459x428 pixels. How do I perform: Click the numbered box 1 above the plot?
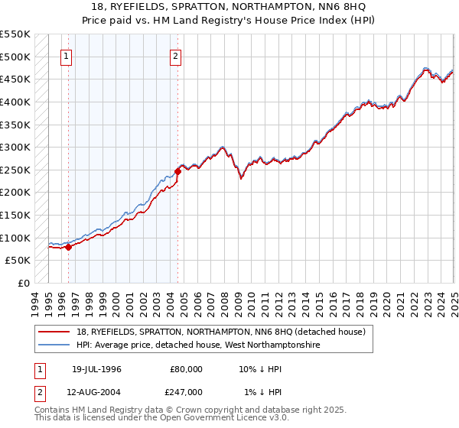click(67, 55)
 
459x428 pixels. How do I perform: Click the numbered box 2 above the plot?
click(176, 55)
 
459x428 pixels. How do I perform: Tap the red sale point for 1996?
click(68, 247)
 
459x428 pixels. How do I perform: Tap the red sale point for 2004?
click(177, 171)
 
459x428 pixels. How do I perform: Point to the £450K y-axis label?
click(15, 79)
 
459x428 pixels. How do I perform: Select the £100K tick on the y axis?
click(15, 238)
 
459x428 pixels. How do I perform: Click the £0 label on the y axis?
click(22, 283)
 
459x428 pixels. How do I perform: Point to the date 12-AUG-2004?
click(96, 391)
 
